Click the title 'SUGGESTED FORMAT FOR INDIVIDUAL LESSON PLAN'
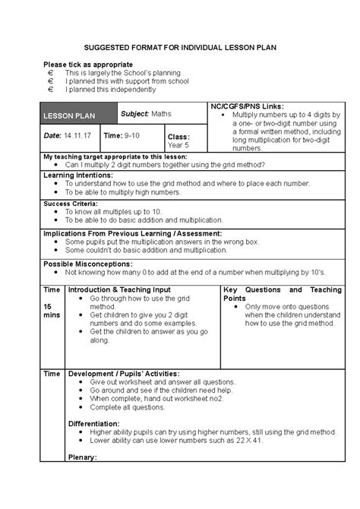tap(179, 47)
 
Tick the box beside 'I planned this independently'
tap(50, 89)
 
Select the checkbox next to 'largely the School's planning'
tap(50, 72)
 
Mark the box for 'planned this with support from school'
tap(50, 81)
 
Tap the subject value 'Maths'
tap(161, 114)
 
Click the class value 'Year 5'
tap(178, 144)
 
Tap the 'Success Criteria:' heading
tap(71, 204)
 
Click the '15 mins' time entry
tap(52, 310)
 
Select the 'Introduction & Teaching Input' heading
tap(119, 290)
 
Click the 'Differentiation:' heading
tap(94, 423)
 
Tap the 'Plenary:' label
tap(82, 457)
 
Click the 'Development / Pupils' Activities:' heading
tap(125, 374)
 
